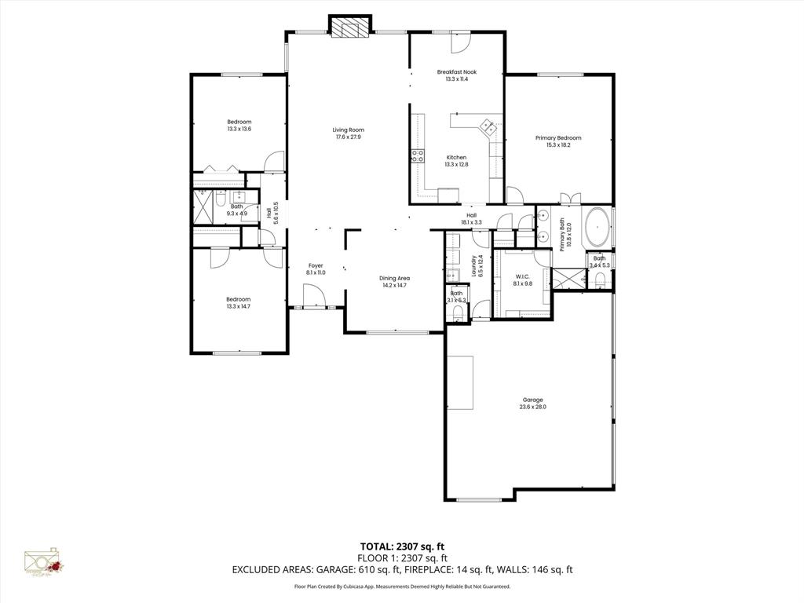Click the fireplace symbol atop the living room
click(x=349, y=27)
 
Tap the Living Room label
click(x=348, y=130)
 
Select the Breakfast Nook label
click(x=456, y=71)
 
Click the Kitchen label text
click(x=456, y=157)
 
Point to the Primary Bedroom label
click(x=558, y=138)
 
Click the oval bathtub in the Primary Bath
click(x=598, y=225)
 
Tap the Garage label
click(x=532, y=400)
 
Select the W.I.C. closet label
click(x=523, y=276)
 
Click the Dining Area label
click(x=394, y=278)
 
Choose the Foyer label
click(x=315, y=265)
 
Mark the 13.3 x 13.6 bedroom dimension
click(x=239, y=129)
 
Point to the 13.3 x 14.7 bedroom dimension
click(x=238, y=306)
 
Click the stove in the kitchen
click(x=417, y=155)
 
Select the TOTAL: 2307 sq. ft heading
click(x=401, y=546)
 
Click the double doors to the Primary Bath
click(x=568, y=198)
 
